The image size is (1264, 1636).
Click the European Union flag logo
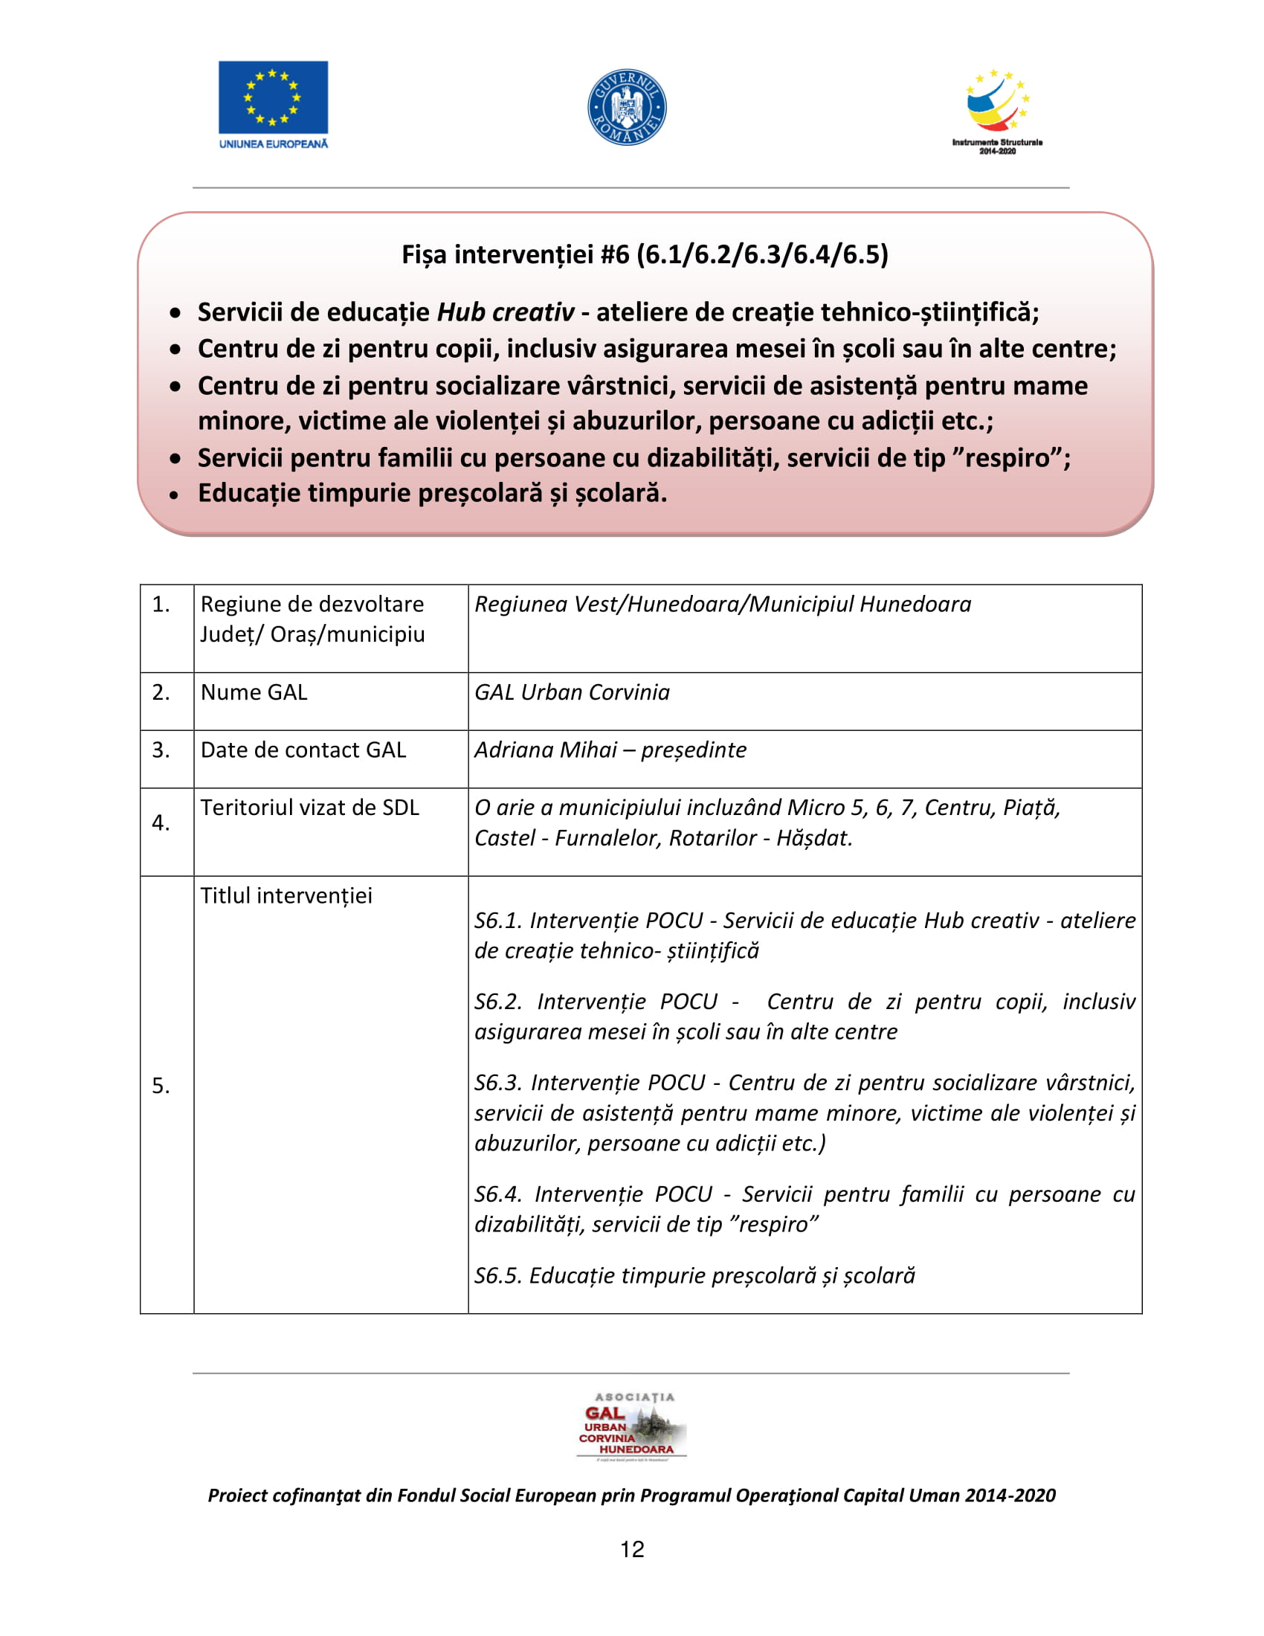(273, 97)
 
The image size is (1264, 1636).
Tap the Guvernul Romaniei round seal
(627, 107)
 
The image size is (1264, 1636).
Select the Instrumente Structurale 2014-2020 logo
(996, 112)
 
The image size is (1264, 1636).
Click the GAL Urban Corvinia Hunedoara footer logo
(632, 1426)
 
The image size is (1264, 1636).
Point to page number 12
(632, 1549)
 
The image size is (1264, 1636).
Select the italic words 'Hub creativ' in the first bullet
(506, 312)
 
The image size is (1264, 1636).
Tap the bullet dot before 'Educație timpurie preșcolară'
(175, 495)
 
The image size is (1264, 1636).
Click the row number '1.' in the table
(161, 604)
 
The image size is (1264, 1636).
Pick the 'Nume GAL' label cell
(254, 692)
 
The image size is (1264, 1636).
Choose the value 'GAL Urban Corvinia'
(572, 692)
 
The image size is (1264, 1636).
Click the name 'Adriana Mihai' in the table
(546, 750)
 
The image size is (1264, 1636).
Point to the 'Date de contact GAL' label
(303, 750)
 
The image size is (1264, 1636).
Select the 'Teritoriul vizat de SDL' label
(309, 808)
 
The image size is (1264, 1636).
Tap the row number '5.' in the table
(161, 1086)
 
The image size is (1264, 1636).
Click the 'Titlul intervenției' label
(286, 896)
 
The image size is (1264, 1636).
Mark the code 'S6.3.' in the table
(498, 1083)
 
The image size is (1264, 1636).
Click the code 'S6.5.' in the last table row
(497, 1275)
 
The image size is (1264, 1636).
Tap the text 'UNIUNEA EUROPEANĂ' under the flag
(274, 144)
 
